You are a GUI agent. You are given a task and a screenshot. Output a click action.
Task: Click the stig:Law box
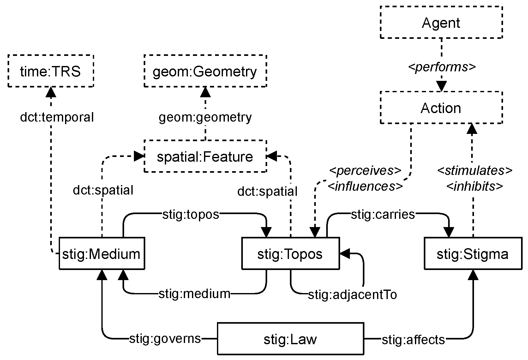coord(290,339)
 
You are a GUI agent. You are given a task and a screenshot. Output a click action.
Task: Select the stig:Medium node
coord(102,254)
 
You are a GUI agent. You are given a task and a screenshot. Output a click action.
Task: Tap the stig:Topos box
coord(290,254)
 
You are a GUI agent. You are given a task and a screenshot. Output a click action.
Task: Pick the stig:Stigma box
coord(472,254)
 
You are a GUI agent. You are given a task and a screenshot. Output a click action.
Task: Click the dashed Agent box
coord(441,23)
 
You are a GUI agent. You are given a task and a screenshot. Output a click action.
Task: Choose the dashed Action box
coord(441,108)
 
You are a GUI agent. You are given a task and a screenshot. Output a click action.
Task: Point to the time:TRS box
coord(51,71)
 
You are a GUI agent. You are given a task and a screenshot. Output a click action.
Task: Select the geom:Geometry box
coord(205,71)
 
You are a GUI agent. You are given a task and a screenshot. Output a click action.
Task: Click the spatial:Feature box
coord(205,157)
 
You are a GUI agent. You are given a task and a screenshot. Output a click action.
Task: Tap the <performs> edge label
coord(441,67)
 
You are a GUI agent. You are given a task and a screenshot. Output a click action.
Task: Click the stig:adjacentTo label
coord(352,294)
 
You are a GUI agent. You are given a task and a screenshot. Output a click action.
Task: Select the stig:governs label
coord(165,339)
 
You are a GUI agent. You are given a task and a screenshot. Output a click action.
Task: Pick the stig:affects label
coord(413,340)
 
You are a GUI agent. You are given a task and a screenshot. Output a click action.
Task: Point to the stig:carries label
coord(382,214)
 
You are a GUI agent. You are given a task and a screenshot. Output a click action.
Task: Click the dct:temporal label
coord(57,117)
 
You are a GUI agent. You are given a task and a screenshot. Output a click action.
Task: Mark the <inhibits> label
coord(474,186)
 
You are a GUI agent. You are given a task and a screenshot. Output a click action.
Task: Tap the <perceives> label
coord(365,171)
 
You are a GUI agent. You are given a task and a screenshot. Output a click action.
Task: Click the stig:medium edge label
coord(194,294)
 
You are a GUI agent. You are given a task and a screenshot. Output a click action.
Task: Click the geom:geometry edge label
coord(205,117)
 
